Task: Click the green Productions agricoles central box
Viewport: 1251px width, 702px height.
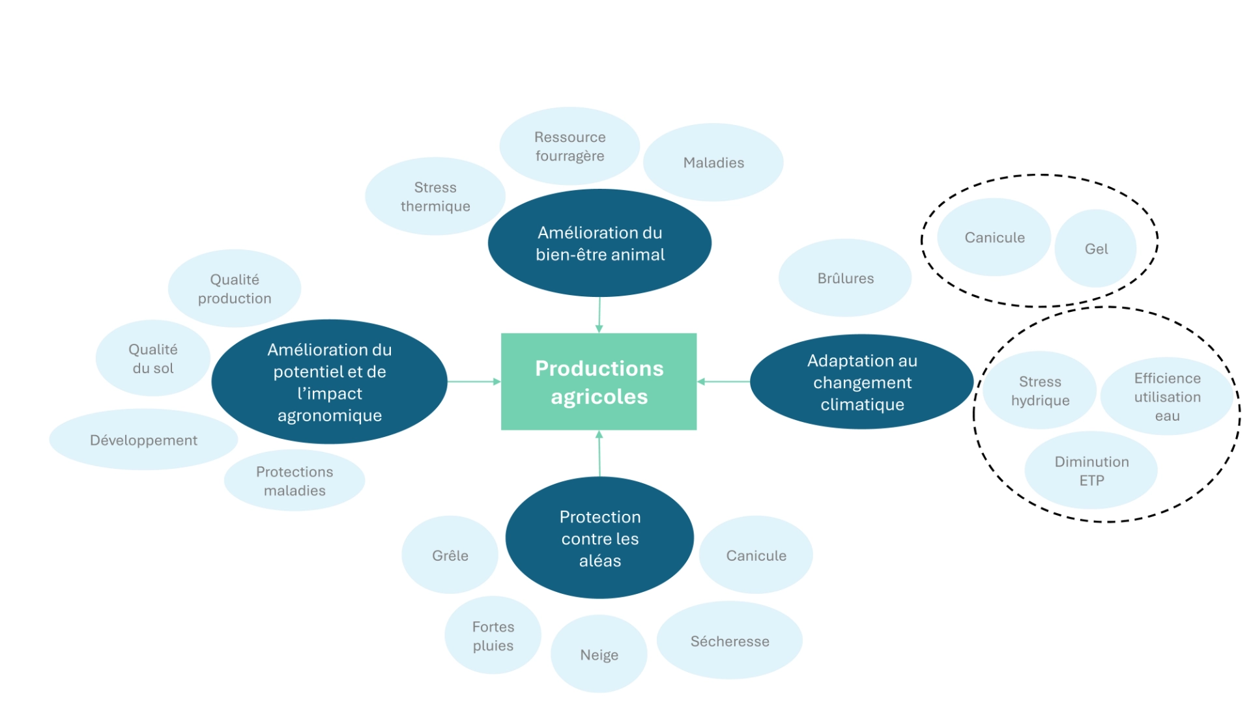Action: (x=598, y=382)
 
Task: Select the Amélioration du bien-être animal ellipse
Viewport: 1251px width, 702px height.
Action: (x=599, y=243)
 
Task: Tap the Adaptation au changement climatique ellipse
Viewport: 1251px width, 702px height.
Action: (x=861, y=382)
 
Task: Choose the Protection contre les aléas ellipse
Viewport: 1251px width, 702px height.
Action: (x=599, y=538)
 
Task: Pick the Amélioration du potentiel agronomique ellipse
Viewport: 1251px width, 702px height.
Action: (x=329, y=382)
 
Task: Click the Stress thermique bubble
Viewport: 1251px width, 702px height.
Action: (x=435, y=196)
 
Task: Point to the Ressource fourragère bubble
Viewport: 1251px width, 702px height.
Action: (x=569, y=146)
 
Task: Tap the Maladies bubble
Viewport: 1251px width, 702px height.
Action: (x=713, y=162)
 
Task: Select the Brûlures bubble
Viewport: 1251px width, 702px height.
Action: (x=845, y=278)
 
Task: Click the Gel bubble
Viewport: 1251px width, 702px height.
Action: (x=1095, y=249)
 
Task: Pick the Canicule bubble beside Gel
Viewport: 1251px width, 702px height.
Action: (x=994, y=237)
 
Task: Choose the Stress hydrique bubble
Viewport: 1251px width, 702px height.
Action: (x=1039, y=391)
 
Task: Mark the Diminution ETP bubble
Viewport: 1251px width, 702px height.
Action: (x=1091, y=470)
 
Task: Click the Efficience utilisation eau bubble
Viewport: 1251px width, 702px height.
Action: (x=1166, y=397)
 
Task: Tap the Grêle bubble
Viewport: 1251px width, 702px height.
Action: (x=450, y=555)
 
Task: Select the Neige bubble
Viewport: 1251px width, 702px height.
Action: (x=599, y=654)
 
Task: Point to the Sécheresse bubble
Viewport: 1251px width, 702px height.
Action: (x=729, y=641)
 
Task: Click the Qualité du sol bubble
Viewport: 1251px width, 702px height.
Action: (x=152, y=358)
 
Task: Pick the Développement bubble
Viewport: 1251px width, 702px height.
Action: (x=143, y=440)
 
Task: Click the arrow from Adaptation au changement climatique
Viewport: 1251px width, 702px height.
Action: (x=723, y=382)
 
